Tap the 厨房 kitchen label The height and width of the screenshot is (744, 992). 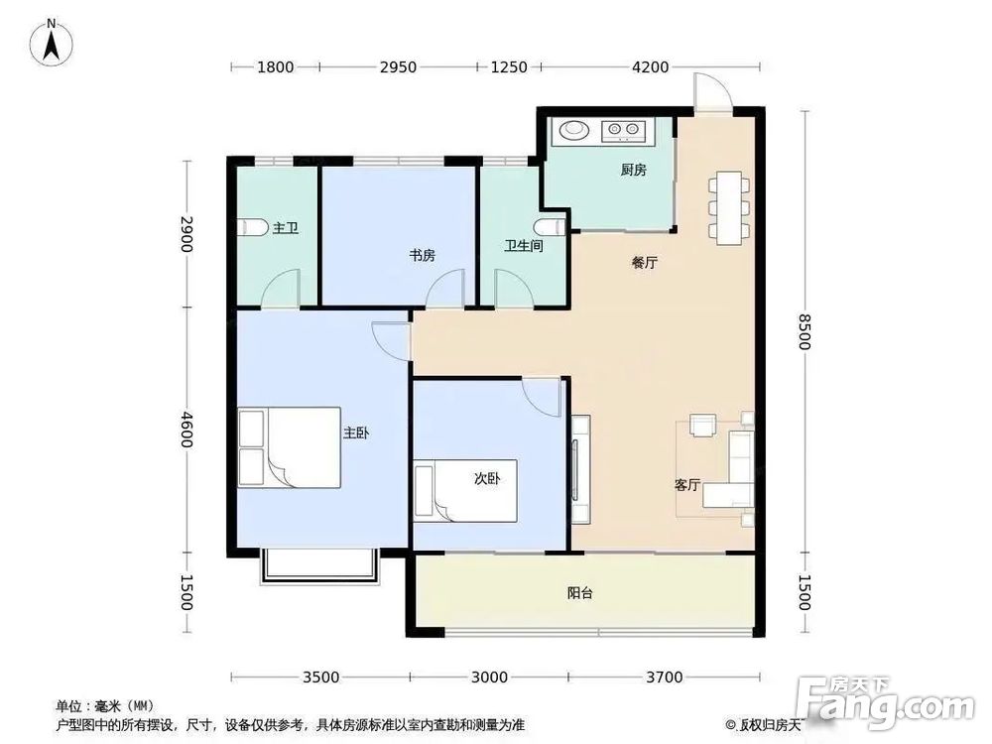click(x=633, y=171)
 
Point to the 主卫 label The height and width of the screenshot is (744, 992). click(x=286, y=228)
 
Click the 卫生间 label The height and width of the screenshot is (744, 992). click(x=523, y=246)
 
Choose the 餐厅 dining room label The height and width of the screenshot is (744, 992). click(x=645, y=264)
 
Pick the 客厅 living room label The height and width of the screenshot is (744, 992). click(x=687, y=486)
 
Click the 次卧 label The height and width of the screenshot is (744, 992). click(x=486, y=478)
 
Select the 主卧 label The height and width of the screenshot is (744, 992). click(x=356, y=434)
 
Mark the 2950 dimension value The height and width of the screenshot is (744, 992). click(x=397, y=67)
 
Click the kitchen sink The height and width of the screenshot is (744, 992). click(x=573, y=129)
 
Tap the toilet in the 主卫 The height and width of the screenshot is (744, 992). click(x=254, y=228)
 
